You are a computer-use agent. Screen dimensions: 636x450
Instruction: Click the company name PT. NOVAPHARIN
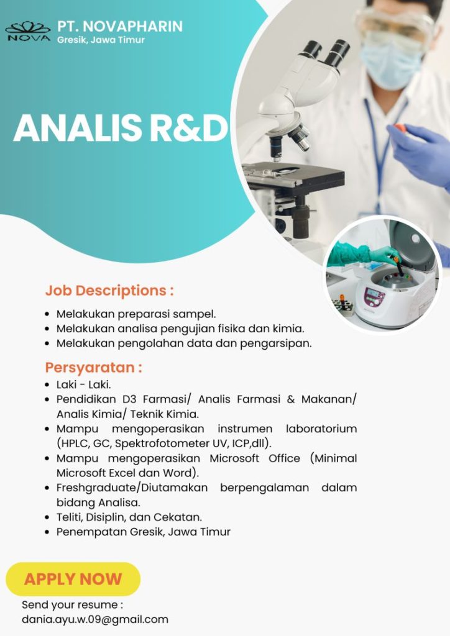tap(120, 26)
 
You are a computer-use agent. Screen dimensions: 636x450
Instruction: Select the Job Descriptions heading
tap(109, 290)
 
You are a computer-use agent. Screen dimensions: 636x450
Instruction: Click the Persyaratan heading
tap(94, 367)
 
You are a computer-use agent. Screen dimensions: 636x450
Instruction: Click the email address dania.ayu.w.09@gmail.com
tap(95, 619)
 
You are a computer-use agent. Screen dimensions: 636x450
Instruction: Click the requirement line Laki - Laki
tap(83, 385)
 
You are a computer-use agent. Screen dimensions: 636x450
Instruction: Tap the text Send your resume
tap(72, 604)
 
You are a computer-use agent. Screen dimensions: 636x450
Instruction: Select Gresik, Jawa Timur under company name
tap(101, 40)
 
